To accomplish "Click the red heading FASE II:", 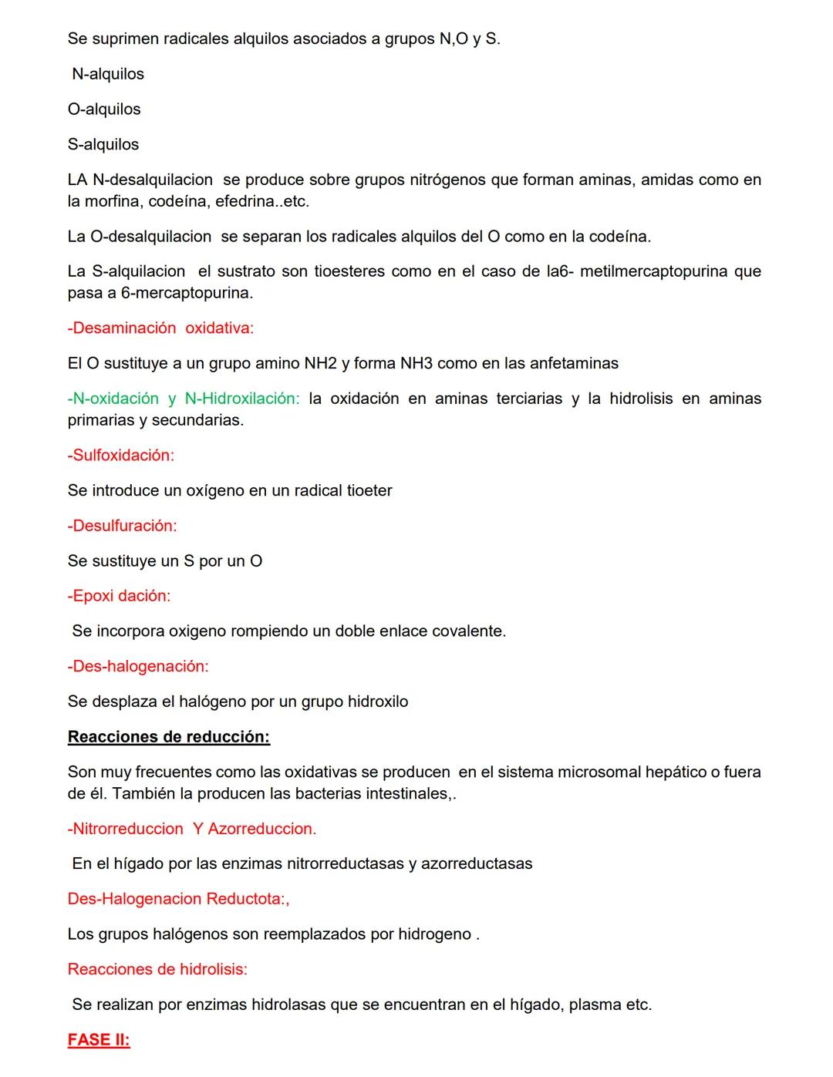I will point(99,1039).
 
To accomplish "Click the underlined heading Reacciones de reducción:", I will point(168,736).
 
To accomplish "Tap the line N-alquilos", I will point(108,74).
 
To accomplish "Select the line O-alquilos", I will point(104,109).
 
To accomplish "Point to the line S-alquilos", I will point(103,144).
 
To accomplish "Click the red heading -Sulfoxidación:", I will point(121,455).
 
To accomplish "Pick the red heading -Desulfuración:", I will point(122,525).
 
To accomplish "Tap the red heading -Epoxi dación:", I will point(119,595).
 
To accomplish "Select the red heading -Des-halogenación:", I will point(138,665).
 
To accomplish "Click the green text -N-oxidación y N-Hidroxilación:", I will point(184,399).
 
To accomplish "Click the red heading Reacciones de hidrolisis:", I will point(157,969).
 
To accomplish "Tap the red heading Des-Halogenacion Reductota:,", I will point(179,899).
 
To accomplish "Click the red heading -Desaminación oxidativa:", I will point(160,328).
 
